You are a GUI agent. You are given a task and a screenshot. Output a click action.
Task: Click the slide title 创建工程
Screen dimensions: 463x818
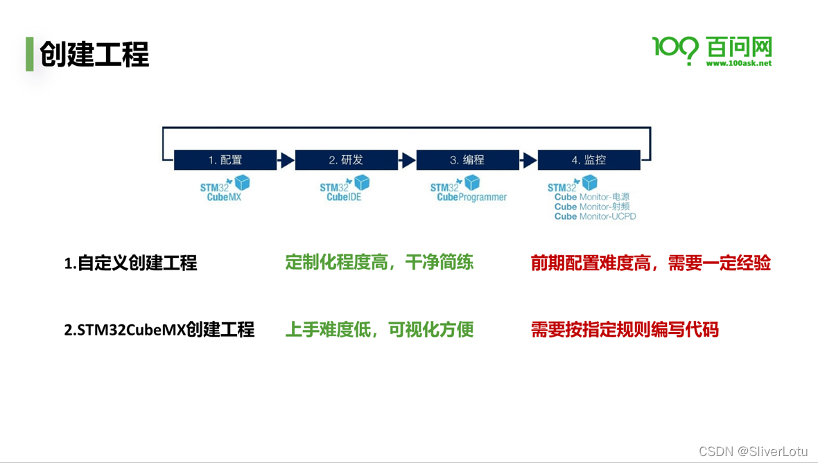(94, 55)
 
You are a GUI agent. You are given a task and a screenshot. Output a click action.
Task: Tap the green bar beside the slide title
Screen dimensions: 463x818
(30, 54)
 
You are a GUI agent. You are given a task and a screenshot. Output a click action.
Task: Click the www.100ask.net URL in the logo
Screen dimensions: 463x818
(738, 63)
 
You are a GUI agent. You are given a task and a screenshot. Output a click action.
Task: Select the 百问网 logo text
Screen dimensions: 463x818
(739, 47)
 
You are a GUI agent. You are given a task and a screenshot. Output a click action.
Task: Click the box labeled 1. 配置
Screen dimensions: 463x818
(225, 160)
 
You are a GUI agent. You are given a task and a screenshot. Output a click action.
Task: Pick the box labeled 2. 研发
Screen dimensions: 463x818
(346, 160)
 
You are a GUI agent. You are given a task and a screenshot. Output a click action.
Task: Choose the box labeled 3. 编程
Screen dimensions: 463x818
(467, 160)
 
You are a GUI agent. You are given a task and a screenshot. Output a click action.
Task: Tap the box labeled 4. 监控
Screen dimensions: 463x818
(589, 160)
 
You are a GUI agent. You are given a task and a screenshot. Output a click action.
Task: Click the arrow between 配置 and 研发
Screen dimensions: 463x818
(286, 161)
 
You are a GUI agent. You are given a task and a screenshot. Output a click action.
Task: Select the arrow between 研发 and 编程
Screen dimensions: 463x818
(407, 161)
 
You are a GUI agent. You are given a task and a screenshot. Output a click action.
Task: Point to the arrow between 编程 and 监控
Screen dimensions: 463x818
(528, 161)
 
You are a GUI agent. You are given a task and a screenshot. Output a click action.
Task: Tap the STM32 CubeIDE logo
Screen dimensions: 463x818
(345, 189)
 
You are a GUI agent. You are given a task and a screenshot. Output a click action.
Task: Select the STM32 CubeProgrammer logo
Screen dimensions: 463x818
(468, 189)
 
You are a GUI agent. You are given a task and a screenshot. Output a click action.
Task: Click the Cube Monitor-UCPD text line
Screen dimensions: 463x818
(595, 216)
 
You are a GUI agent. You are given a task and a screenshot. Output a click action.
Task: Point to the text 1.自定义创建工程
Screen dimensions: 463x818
(130, 263)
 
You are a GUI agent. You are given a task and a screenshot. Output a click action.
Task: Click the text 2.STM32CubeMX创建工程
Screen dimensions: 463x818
(159, 329)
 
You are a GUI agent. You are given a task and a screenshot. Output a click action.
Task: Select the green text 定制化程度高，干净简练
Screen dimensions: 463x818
(379, 262)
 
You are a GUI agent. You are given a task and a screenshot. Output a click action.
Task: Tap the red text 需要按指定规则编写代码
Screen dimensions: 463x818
(625, 329)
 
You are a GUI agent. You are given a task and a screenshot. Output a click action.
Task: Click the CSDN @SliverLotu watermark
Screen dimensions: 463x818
(753, 451)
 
